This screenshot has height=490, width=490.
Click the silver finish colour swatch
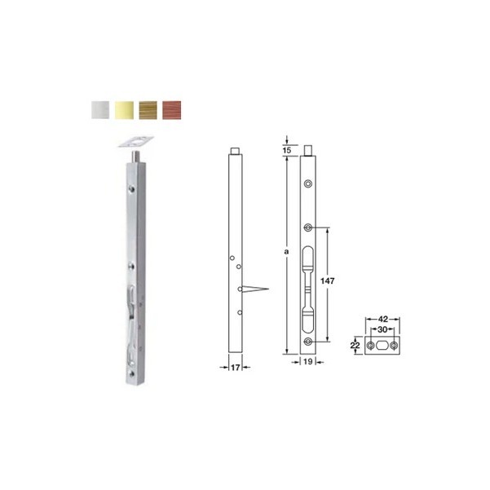100,110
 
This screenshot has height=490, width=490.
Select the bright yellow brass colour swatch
124,110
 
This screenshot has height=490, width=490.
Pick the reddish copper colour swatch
171,110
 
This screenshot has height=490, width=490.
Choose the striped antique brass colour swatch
148,110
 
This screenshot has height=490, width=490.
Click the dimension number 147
327,281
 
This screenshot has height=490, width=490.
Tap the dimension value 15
286,150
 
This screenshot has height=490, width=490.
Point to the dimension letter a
286,251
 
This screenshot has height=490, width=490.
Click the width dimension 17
235,368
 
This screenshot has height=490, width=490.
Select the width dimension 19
308,361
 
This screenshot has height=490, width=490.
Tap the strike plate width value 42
383,319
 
